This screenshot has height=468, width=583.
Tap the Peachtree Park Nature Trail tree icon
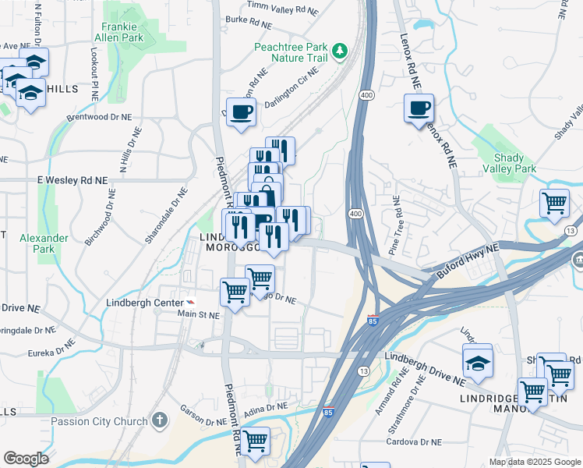[340, 51]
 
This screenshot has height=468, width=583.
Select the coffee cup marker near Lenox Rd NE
[419, 108]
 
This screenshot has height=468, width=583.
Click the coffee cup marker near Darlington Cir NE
[241, 112]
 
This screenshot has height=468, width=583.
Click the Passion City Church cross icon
[160, 421]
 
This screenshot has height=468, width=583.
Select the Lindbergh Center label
[139, 302]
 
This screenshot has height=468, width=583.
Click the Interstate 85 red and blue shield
[373, 319]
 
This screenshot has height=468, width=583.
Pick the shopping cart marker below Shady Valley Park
[554, 204]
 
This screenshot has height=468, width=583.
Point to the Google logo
[26, 459]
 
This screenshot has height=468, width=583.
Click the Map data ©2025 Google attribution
[534, 462]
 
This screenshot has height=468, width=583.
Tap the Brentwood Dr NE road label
[100, 116]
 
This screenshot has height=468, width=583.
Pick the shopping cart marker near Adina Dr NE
[255, 441]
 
